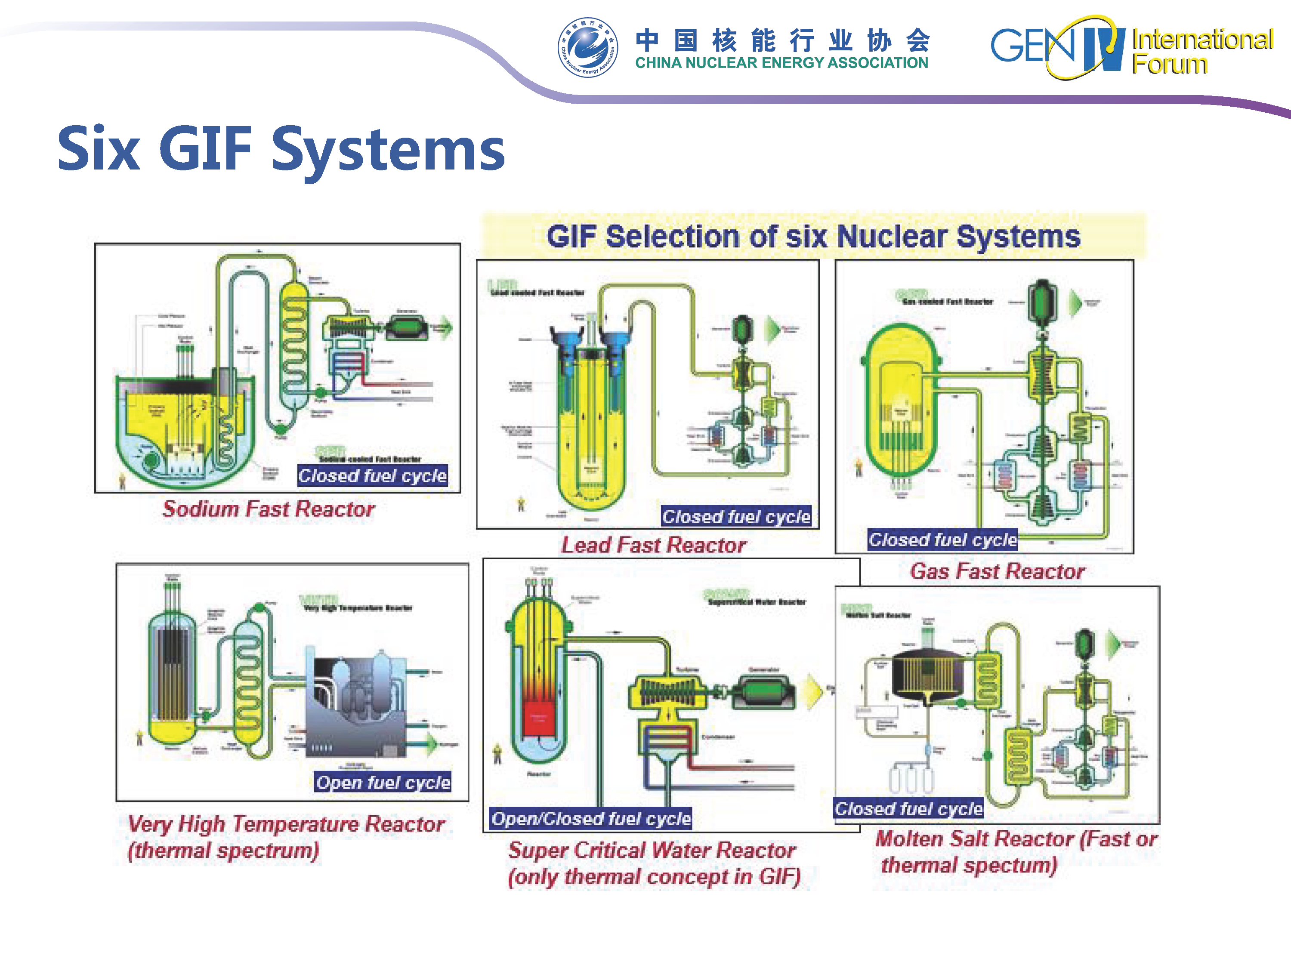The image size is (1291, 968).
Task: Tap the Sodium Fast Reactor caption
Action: point(269,509)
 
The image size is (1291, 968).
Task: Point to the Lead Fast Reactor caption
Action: point(654,545)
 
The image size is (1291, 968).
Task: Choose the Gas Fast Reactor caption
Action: point(998,571)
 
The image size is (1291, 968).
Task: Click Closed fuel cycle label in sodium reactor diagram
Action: point(372,475)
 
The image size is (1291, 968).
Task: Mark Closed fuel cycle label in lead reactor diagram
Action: point(736,516)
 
